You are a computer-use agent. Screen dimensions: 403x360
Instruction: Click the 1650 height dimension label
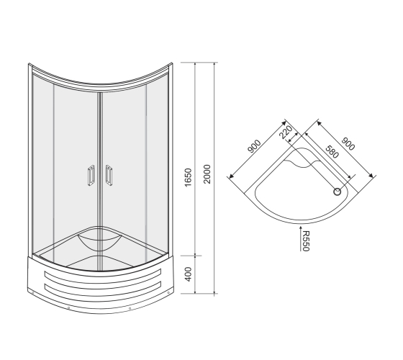[x=189, y=177]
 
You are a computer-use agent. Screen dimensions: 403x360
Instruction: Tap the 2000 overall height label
[x=207, y=174]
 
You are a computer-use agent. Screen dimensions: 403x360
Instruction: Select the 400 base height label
[x=189, y=274]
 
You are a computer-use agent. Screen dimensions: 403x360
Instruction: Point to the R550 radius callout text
[x=306, y=241]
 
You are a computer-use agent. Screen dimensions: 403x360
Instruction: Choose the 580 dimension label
[x=332, y=152]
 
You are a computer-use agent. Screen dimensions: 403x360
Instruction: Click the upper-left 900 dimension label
[x=254, y=146]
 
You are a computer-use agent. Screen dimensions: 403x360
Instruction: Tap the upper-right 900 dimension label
[x=348, y=144]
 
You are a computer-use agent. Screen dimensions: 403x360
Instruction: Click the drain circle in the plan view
[x=338, y=192]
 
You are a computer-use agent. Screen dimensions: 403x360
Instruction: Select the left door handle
[x=91, y=176]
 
